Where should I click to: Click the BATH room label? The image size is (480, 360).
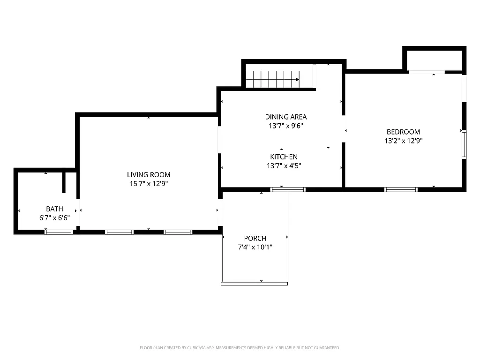54,209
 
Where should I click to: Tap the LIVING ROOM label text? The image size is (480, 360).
149,175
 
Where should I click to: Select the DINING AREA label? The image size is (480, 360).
286,117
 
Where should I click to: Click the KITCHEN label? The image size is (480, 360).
284,157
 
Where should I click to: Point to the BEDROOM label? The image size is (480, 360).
403,132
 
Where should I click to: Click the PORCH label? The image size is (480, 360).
255,238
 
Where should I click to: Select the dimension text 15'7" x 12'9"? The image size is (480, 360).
149,184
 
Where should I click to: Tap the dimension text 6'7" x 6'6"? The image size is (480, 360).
54,217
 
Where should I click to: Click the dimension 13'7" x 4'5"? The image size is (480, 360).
284,165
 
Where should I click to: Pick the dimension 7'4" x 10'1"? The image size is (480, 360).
255,247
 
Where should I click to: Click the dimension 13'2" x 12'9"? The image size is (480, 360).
403,141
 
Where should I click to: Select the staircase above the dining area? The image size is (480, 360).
272,79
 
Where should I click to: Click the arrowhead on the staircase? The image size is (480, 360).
297,79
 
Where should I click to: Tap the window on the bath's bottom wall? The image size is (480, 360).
59,232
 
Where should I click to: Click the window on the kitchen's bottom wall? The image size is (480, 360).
288,189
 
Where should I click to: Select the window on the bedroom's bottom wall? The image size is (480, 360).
401,189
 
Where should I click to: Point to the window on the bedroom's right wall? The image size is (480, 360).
464,144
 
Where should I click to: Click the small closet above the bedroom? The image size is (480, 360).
434,60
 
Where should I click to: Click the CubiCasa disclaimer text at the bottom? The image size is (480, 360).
240,348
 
